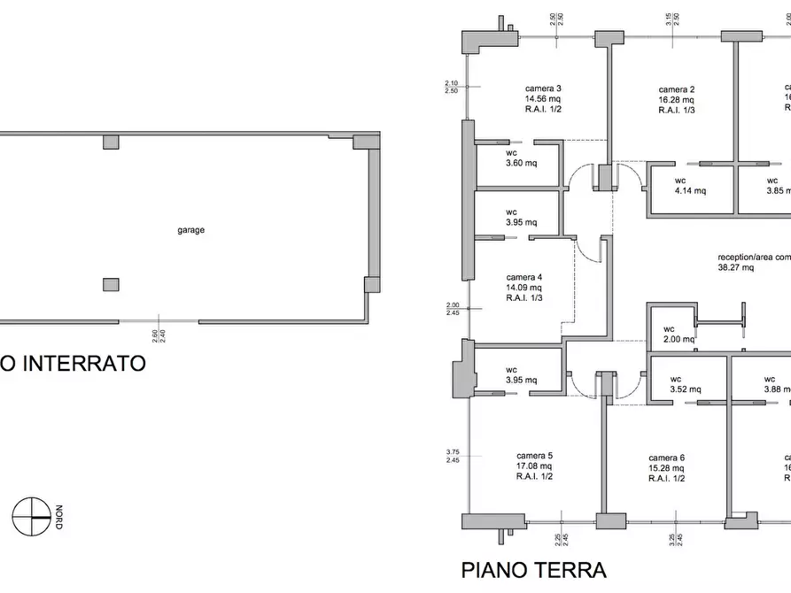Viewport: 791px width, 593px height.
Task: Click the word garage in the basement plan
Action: [190, 230]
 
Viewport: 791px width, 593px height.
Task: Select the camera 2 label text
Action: [676, 89]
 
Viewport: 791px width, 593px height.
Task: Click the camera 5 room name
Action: [534, 457]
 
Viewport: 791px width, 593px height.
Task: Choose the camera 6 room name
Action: [666, 458]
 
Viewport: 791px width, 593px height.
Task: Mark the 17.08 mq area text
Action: [534, 467]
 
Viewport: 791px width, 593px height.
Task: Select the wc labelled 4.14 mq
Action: [689, 185]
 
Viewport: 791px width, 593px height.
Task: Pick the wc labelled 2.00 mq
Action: [679, 333]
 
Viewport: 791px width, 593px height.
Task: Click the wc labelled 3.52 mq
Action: [684, 383]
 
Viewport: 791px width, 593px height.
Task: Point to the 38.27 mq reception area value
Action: [735, 266]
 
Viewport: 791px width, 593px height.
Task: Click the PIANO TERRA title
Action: [533, 569]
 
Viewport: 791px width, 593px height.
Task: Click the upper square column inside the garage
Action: [111, 142]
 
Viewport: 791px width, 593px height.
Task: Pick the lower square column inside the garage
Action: [111, 284]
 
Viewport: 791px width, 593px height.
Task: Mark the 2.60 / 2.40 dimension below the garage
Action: [157, 335]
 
